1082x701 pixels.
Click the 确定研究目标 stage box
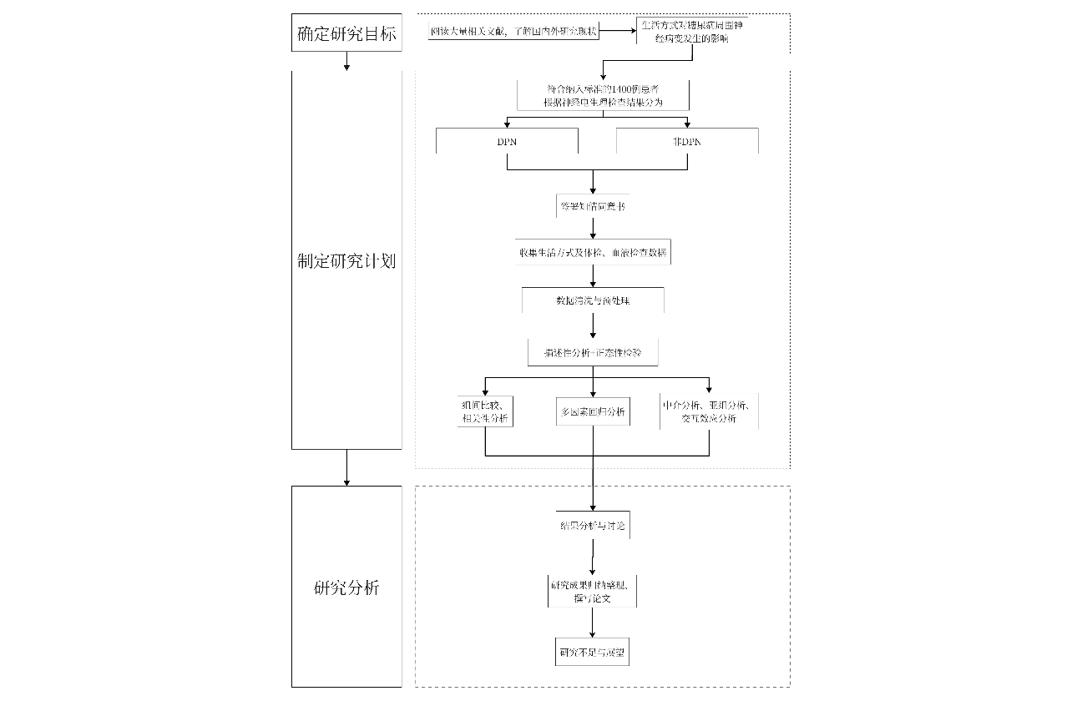(346, 34)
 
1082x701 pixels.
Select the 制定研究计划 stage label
(346, 261)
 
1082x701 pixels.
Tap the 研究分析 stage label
(346, 588)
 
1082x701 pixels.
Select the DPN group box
(507, 142)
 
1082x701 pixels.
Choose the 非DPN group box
(687, 142)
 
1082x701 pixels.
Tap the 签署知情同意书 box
(592, 206)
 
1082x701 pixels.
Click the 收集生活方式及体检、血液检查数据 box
(593, 252)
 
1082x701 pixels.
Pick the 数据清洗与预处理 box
(593, 300)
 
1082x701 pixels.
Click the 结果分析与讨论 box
(593, 527)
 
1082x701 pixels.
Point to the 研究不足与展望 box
(593, 652)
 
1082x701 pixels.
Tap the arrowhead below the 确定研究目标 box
(346, 66)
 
